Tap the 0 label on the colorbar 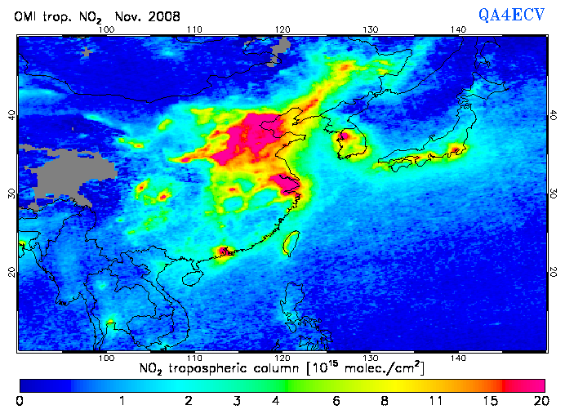(x=20, y=401)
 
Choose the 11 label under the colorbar (x=440, y=401)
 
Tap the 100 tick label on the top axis (x=105, y=29)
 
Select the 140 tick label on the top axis (x=458, y=29)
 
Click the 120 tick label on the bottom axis (x=282, y=358)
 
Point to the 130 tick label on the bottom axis (x=370, y=358)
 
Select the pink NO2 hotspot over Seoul (x=345, y=136)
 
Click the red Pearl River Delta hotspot (x=223, y=252)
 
